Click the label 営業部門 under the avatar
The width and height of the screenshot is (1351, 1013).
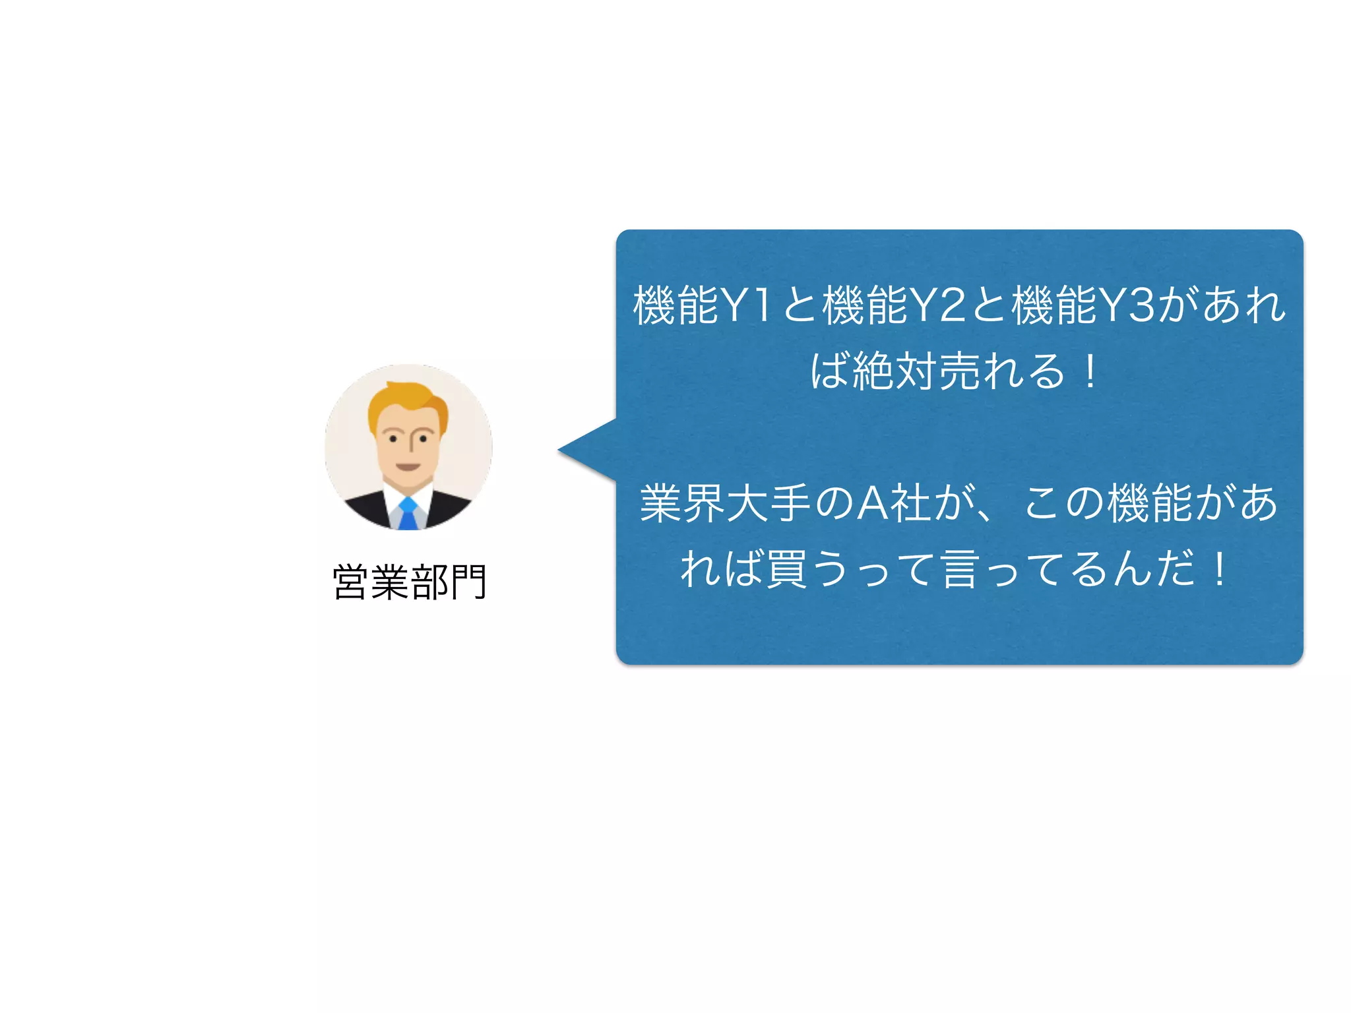pyautogui.click(x=410, y=582)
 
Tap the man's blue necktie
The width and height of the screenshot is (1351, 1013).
pyautogui.click(x=408, y=514)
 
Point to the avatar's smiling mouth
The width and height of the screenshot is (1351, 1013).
pyautogui.click(x=408, y=466)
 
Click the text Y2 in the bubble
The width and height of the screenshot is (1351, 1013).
pyautogui.click(x=937, y=305)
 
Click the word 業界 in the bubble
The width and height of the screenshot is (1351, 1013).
pyautogui.click(x=683, y=503)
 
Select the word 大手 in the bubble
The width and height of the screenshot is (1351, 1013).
pyautogui.click(x=769, y=503)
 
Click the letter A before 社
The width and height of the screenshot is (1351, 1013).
pyautogui.click(x=871, y=503)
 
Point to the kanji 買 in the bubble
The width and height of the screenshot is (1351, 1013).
pyautogui.click(x=785, y=569)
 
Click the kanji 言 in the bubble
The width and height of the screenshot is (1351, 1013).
pyautogui.click(x=960, y=569)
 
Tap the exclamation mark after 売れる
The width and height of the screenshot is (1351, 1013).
pyautogui.click(x=1090, y=371)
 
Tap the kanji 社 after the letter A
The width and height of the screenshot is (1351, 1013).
pyautogui.click(x=911, y=503)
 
